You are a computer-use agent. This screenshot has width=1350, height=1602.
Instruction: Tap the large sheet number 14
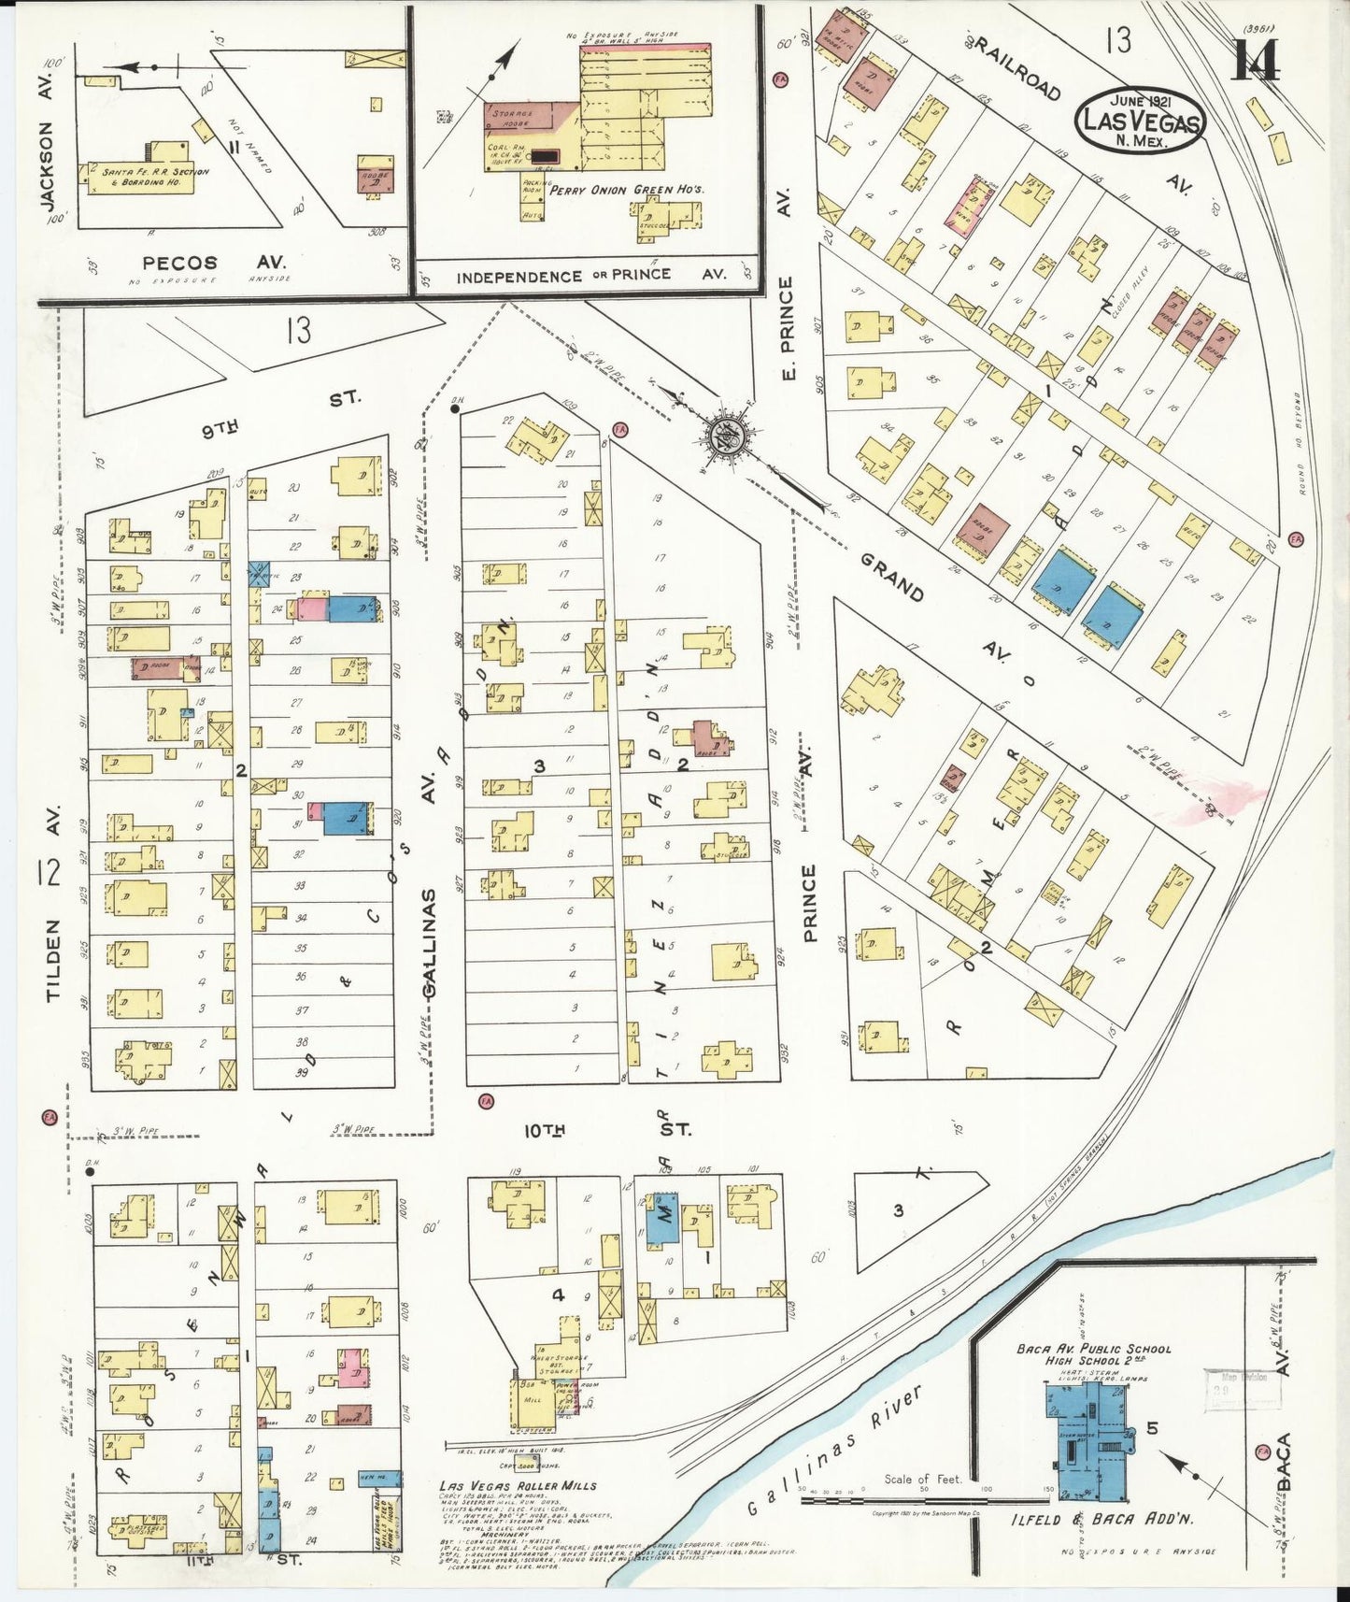coord(1256,62)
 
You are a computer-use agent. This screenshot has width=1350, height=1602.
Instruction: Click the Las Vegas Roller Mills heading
coord(518,1485)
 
